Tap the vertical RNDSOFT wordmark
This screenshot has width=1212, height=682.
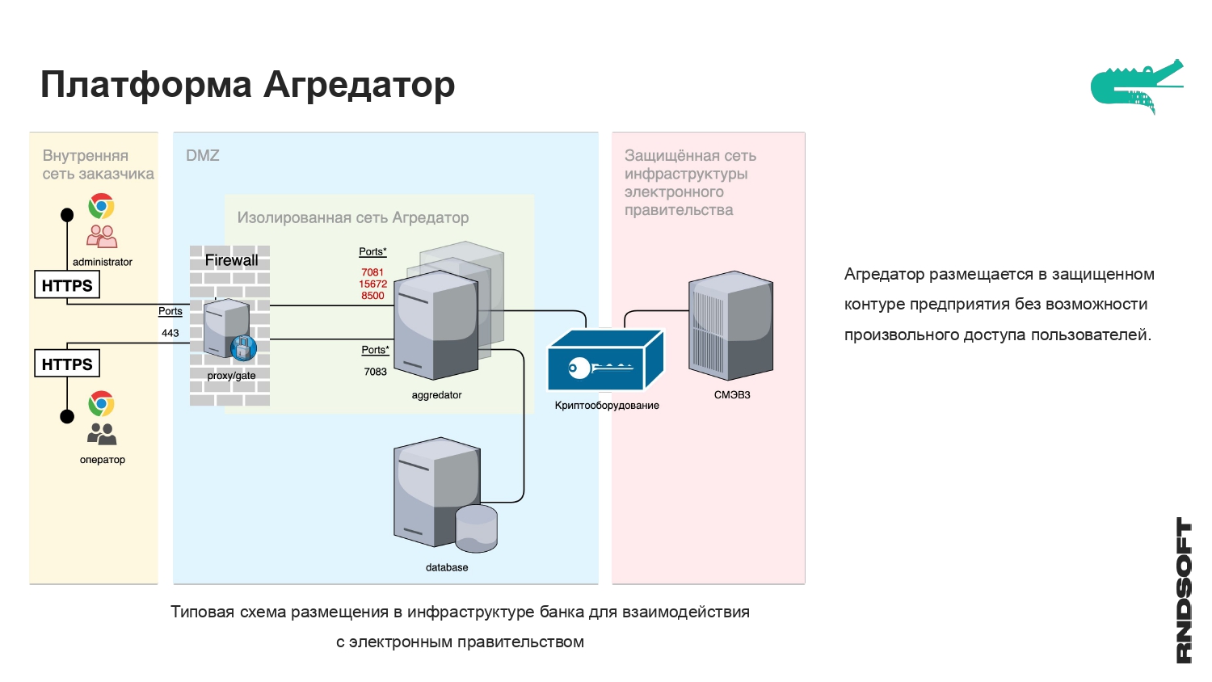(x=1184, y=590)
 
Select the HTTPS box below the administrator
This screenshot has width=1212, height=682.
(x=67, y=285)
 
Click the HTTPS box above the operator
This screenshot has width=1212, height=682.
(x=67, y=364)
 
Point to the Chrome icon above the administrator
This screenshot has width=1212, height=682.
(x=102, y=206)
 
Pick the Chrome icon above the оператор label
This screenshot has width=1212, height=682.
(x=102, y=403)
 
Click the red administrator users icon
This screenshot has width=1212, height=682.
(x=102, y=236)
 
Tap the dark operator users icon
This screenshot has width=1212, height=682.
(x=102, y=434)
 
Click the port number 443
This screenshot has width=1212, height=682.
(x=170, y=333)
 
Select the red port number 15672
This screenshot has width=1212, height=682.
(x=373, y=284)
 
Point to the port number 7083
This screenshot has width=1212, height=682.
(x=376, y=372)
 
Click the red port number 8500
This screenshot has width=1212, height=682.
(x=373, y=296)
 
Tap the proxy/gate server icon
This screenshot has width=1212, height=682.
(x=228, y=329)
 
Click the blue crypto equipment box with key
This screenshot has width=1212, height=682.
(x=605, y=362)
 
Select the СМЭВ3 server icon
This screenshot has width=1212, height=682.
(x=731, y=326)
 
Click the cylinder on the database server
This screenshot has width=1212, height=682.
(x=477, y=528)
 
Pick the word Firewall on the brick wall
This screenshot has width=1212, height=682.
(x=232, y=260)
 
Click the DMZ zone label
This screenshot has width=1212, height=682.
(x=203, y=155)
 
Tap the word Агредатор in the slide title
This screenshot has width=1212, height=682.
(x=360, y=84)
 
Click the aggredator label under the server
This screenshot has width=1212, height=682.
(x=436, y=395)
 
